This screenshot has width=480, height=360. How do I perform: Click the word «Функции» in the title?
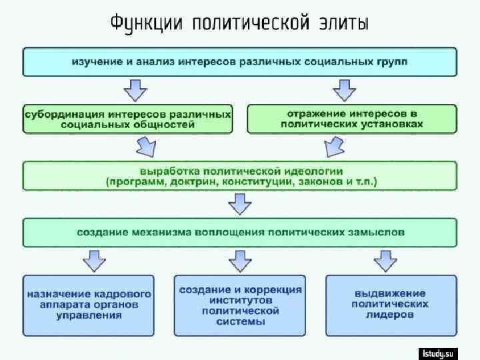click(147, 24)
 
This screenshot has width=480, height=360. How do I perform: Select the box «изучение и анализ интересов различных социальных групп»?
click(240, 61)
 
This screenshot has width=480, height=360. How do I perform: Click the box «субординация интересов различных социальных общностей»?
click(128, 118)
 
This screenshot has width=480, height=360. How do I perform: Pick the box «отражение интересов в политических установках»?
click(352, 118)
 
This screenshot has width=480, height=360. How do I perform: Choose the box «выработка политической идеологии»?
click(240, 175)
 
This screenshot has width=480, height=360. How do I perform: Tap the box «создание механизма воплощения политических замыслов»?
click(240, 233)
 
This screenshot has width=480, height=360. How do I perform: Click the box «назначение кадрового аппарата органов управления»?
click(89, 305)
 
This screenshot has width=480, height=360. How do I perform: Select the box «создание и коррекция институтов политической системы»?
click(240, 305)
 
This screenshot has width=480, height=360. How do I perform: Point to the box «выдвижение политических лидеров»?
click(391, 305)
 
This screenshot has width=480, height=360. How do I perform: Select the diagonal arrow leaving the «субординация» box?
click(147, 146)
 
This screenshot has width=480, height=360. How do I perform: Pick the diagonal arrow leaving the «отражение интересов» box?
click(333, 146)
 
